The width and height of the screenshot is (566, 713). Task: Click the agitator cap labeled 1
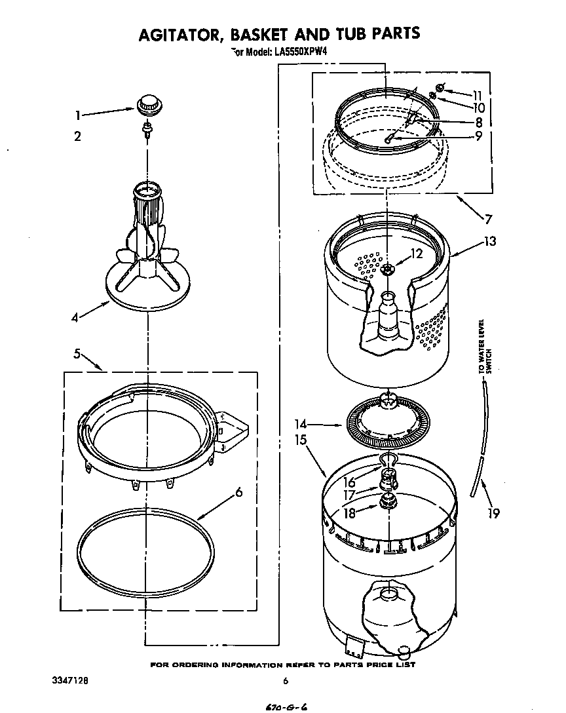tap(149, 104)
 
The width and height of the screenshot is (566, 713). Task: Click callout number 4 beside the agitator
tap(76, 319)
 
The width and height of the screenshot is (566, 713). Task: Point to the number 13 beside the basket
tap(489, 241)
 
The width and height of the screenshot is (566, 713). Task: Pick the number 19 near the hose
tap(493, 513)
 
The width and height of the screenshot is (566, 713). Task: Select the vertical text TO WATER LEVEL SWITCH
tap(484, 347)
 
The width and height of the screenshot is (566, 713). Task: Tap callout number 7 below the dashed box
tap(487, 219)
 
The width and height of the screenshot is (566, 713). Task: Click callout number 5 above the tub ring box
tap(77, 354)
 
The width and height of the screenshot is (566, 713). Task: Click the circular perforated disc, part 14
tap(389, 425)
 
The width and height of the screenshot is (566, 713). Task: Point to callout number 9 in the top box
tap(478, 136)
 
